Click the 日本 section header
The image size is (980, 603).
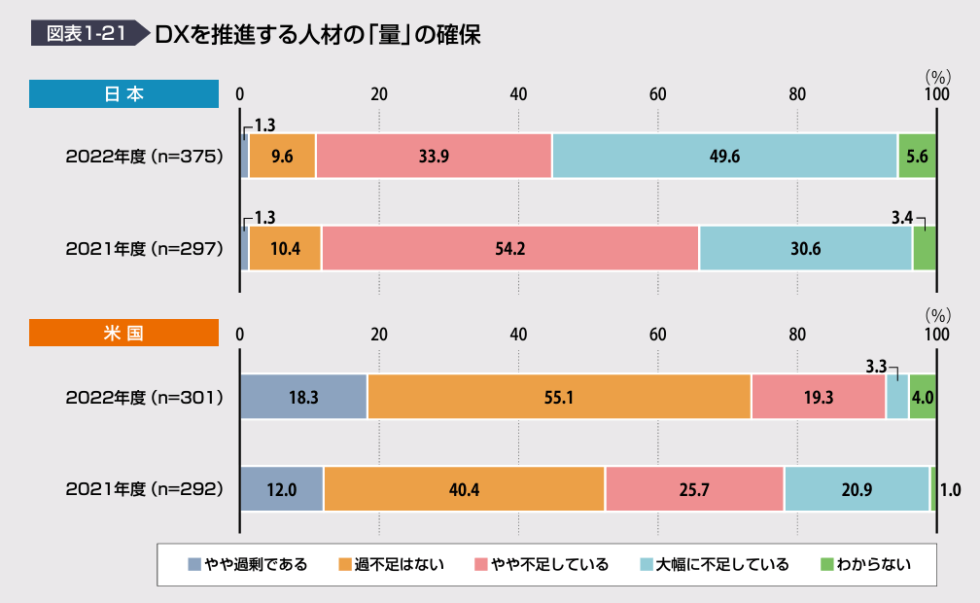[x=123, y=94]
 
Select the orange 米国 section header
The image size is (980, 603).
[x=123, y=333]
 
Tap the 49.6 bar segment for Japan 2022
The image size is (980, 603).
[x=724, y=156]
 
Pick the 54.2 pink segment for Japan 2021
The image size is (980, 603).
[x=509, y=248]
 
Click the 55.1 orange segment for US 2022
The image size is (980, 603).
[x=559, y=397]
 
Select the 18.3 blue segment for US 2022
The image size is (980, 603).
[x=303, y=397]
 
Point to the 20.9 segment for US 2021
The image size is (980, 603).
[x=857, y=489]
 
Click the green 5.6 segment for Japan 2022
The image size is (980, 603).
[x=917, y=156]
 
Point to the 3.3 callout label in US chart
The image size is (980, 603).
[x=876, y=367]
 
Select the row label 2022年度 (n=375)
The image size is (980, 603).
[x=145, y=156]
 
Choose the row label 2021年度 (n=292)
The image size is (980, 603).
[x=145, y=489]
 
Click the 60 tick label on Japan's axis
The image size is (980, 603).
[x=658, y=94]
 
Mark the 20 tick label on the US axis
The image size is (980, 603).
[x=379, y=333]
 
